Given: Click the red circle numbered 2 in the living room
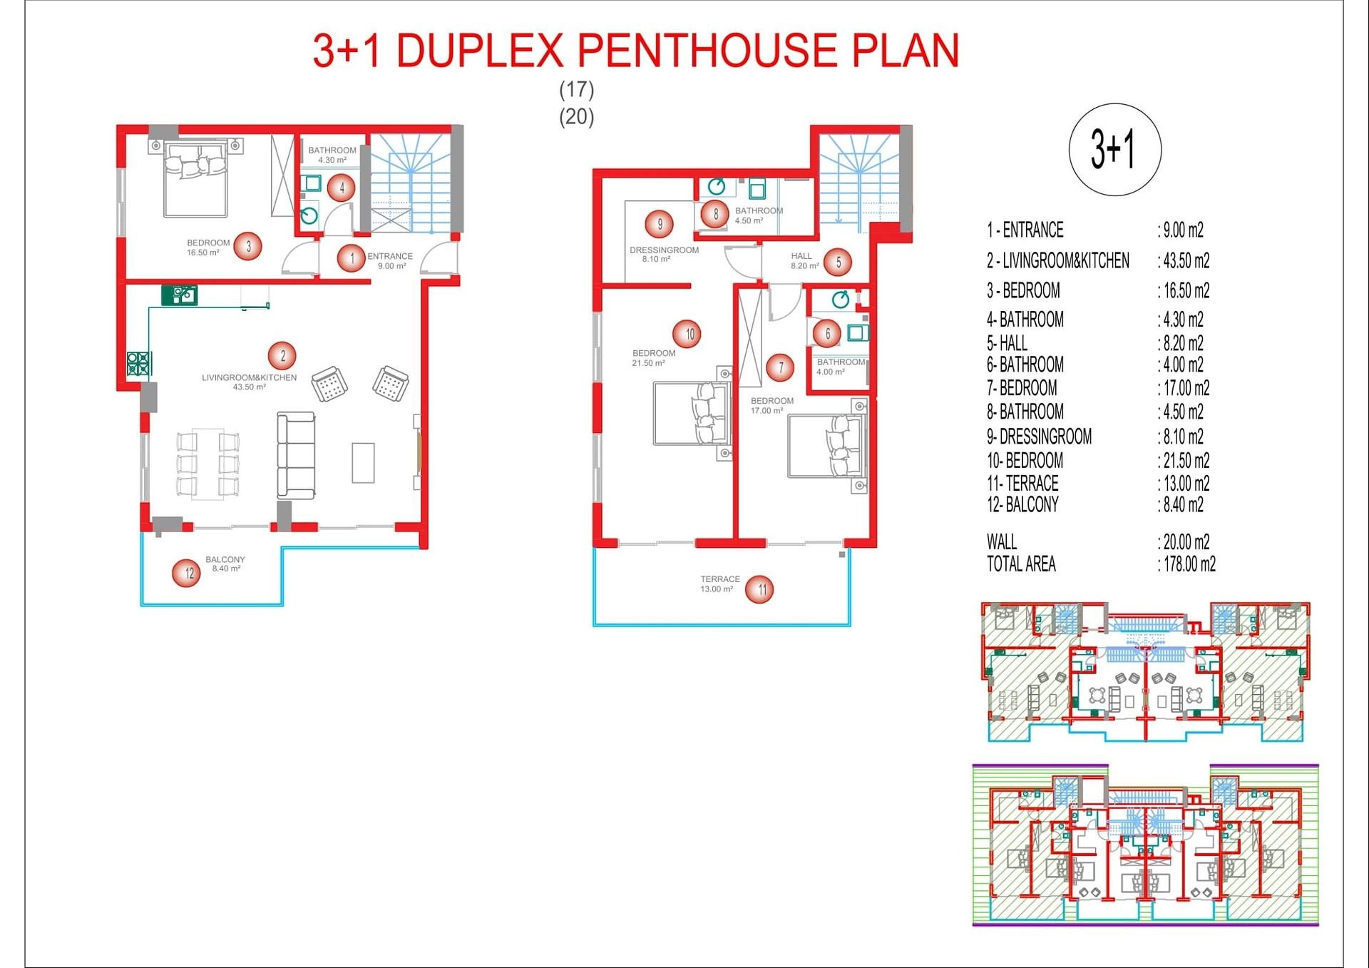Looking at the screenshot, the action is pyautogui.click(x=283, y=356).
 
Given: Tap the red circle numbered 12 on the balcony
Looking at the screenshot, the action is pyautogui.click(x=187, y=573).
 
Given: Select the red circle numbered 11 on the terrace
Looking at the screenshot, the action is pyautogui.click(x=760, y=589).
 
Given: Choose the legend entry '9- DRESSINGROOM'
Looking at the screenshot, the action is pyautogui.click(x=1039, y=437).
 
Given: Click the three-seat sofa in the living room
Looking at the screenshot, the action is pyautogui.click(x=296, y=455).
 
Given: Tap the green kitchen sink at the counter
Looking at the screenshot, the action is pyautogui.click(x=179, y=295).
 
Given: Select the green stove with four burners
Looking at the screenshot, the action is pyautogui.click(x=139, y=364).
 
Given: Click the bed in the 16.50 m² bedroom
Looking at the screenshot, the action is pyautogui.click(x=195, y=179).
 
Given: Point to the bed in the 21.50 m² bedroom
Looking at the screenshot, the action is pyautogui.click(x=692, y=413).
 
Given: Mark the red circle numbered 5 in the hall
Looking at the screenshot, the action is pyautogui.click(x=839, y=263).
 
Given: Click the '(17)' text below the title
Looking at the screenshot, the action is pyautogui.click(x=577, y=90).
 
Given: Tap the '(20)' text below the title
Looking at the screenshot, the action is pyautogui.click(x=577, y=116).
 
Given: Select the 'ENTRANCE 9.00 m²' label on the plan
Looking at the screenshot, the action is pyautogui.click(x=390, y=261).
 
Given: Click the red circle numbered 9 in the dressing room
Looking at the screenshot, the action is pyautogui.click(x=660, y=224).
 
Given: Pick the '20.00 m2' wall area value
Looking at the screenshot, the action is pyautogui.click(x=1184, y=542).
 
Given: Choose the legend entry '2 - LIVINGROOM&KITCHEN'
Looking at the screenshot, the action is pyautogui.click(x=1058, y=261).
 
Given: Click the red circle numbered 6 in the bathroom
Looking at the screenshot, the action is pyautogui.click(x=828, y=333).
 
